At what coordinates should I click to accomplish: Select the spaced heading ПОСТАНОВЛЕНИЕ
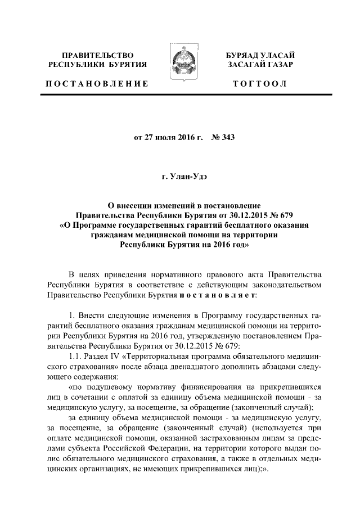tap(97, 84)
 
